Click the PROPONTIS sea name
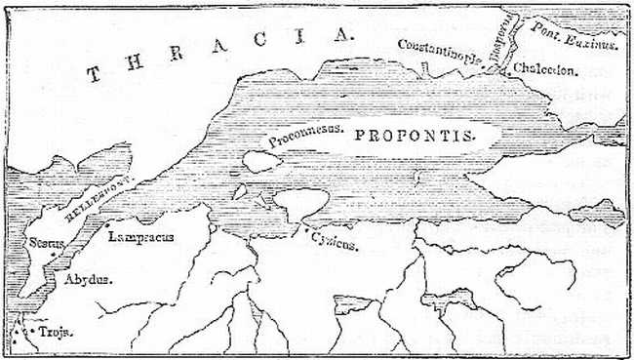point(414,136)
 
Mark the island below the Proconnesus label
point(260,161)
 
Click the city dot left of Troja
point(33,333)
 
